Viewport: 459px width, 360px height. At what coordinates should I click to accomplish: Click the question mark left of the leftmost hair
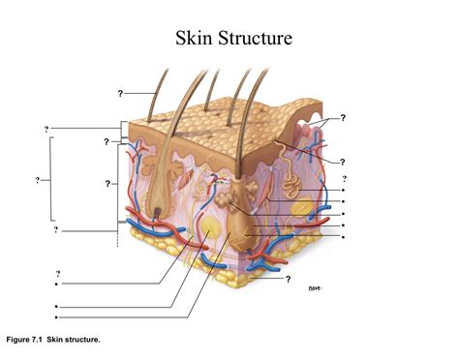click(x=120, y=94)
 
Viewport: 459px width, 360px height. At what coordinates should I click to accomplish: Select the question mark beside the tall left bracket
click(x=37, y=180)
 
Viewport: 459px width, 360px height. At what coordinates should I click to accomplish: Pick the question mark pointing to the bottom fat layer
click(x=288, y=280)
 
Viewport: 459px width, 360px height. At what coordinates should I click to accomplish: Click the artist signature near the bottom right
click(x=313, y=287)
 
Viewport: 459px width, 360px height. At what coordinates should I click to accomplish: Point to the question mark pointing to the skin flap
click(x=343, y=118)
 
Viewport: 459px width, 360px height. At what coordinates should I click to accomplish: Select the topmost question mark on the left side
click(x=46, y=129)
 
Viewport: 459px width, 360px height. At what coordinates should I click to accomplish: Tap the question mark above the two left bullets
click(x=57, y=274)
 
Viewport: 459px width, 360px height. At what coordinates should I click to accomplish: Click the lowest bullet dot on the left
click(x=57, y=316)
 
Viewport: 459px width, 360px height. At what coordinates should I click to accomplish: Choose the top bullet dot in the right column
click(x=344, y=192)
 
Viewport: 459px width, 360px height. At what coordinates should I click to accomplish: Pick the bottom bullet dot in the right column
click(x=344, y=236)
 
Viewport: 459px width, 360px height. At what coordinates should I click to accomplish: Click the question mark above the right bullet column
click(x=344, y=179)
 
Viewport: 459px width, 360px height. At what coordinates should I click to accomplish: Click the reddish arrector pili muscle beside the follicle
click(x=185, y=180)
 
